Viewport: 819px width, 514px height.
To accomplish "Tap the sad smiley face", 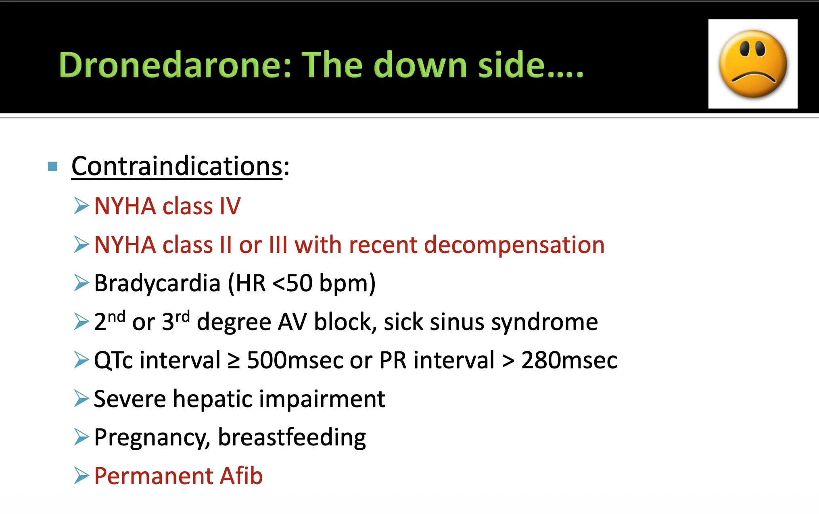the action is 753,64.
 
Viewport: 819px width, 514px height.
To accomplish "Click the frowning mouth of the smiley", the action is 753,77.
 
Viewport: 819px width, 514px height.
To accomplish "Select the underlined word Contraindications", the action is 177,166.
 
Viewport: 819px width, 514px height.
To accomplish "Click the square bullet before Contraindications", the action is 52,166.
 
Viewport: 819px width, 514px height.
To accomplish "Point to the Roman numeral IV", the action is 230,206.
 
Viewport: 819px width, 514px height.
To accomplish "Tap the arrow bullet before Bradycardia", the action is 81,283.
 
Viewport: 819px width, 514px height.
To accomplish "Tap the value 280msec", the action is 569,360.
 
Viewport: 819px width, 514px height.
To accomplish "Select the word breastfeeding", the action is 292,437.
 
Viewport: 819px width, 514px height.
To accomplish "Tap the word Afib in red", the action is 241,476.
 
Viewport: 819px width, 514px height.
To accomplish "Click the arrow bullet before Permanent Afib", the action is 81,476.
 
